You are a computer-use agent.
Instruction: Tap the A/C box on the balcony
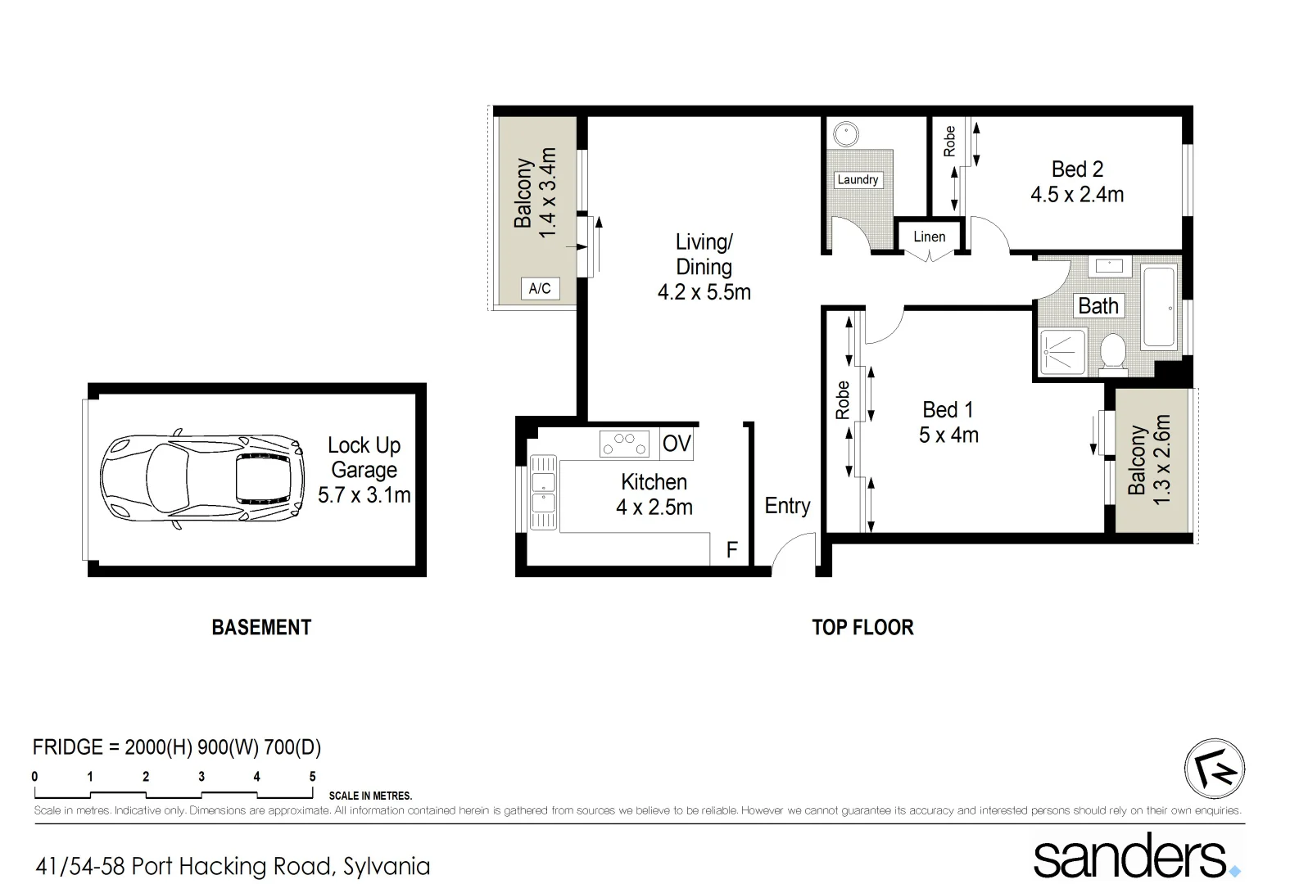click(x=540, y=289)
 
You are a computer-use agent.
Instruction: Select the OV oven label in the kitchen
click(x=677, y=444)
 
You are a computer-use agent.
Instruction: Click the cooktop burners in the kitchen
click(x=624, y=443)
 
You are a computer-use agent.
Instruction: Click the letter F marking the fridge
click(x=731, y=550)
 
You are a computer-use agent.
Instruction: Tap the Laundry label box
click(x=858, y=180)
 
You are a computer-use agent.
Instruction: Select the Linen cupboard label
click(x=929, y=237)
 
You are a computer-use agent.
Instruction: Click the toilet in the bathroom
click(x=1113, y=353)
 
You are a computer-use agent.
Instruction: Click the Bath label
click(x=1098, y=306)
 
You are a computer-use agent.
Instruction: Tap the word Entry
click(x=787, y=506)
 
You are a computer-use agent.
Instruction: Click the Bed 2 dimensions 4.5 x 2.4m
click(x=1076, y=195)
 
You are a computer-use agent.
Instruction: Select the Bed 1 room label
click(x=948, y=409)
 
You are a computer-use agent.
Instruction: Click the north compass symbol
click(x=1214, y=769)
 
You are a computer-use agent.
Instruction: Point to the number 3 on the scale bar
click(x=201, y=777)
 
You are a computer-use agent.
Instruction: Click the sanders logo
click(x=1135, y=857)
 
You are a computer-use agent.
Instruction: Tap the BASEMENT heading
click(x=261, y=628)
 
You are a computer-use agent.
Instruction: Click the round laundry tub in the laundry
click(x=843, y=133)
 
